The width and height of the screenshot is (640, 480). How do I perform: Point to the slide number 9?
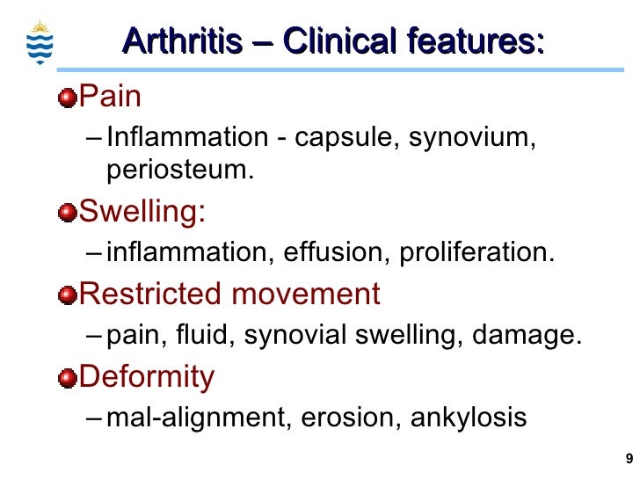(x=628, y=458)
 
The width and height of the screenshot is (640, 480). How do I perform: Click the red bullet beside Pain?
(x=67, y=98)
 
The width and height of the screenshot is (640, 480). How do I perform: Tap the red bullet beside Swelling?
(x=67, y=213)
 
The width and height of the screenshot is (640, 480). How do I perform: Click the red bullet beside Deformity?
(x=67, y=378)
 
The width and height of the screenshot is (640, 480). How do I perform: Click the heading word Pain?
(x=111, y=96)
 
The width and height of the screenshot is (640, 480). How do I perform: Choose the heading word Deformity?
(x=147, y=377)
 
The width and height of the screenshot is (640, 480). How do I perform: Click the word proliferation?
(x=477, y=253)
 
